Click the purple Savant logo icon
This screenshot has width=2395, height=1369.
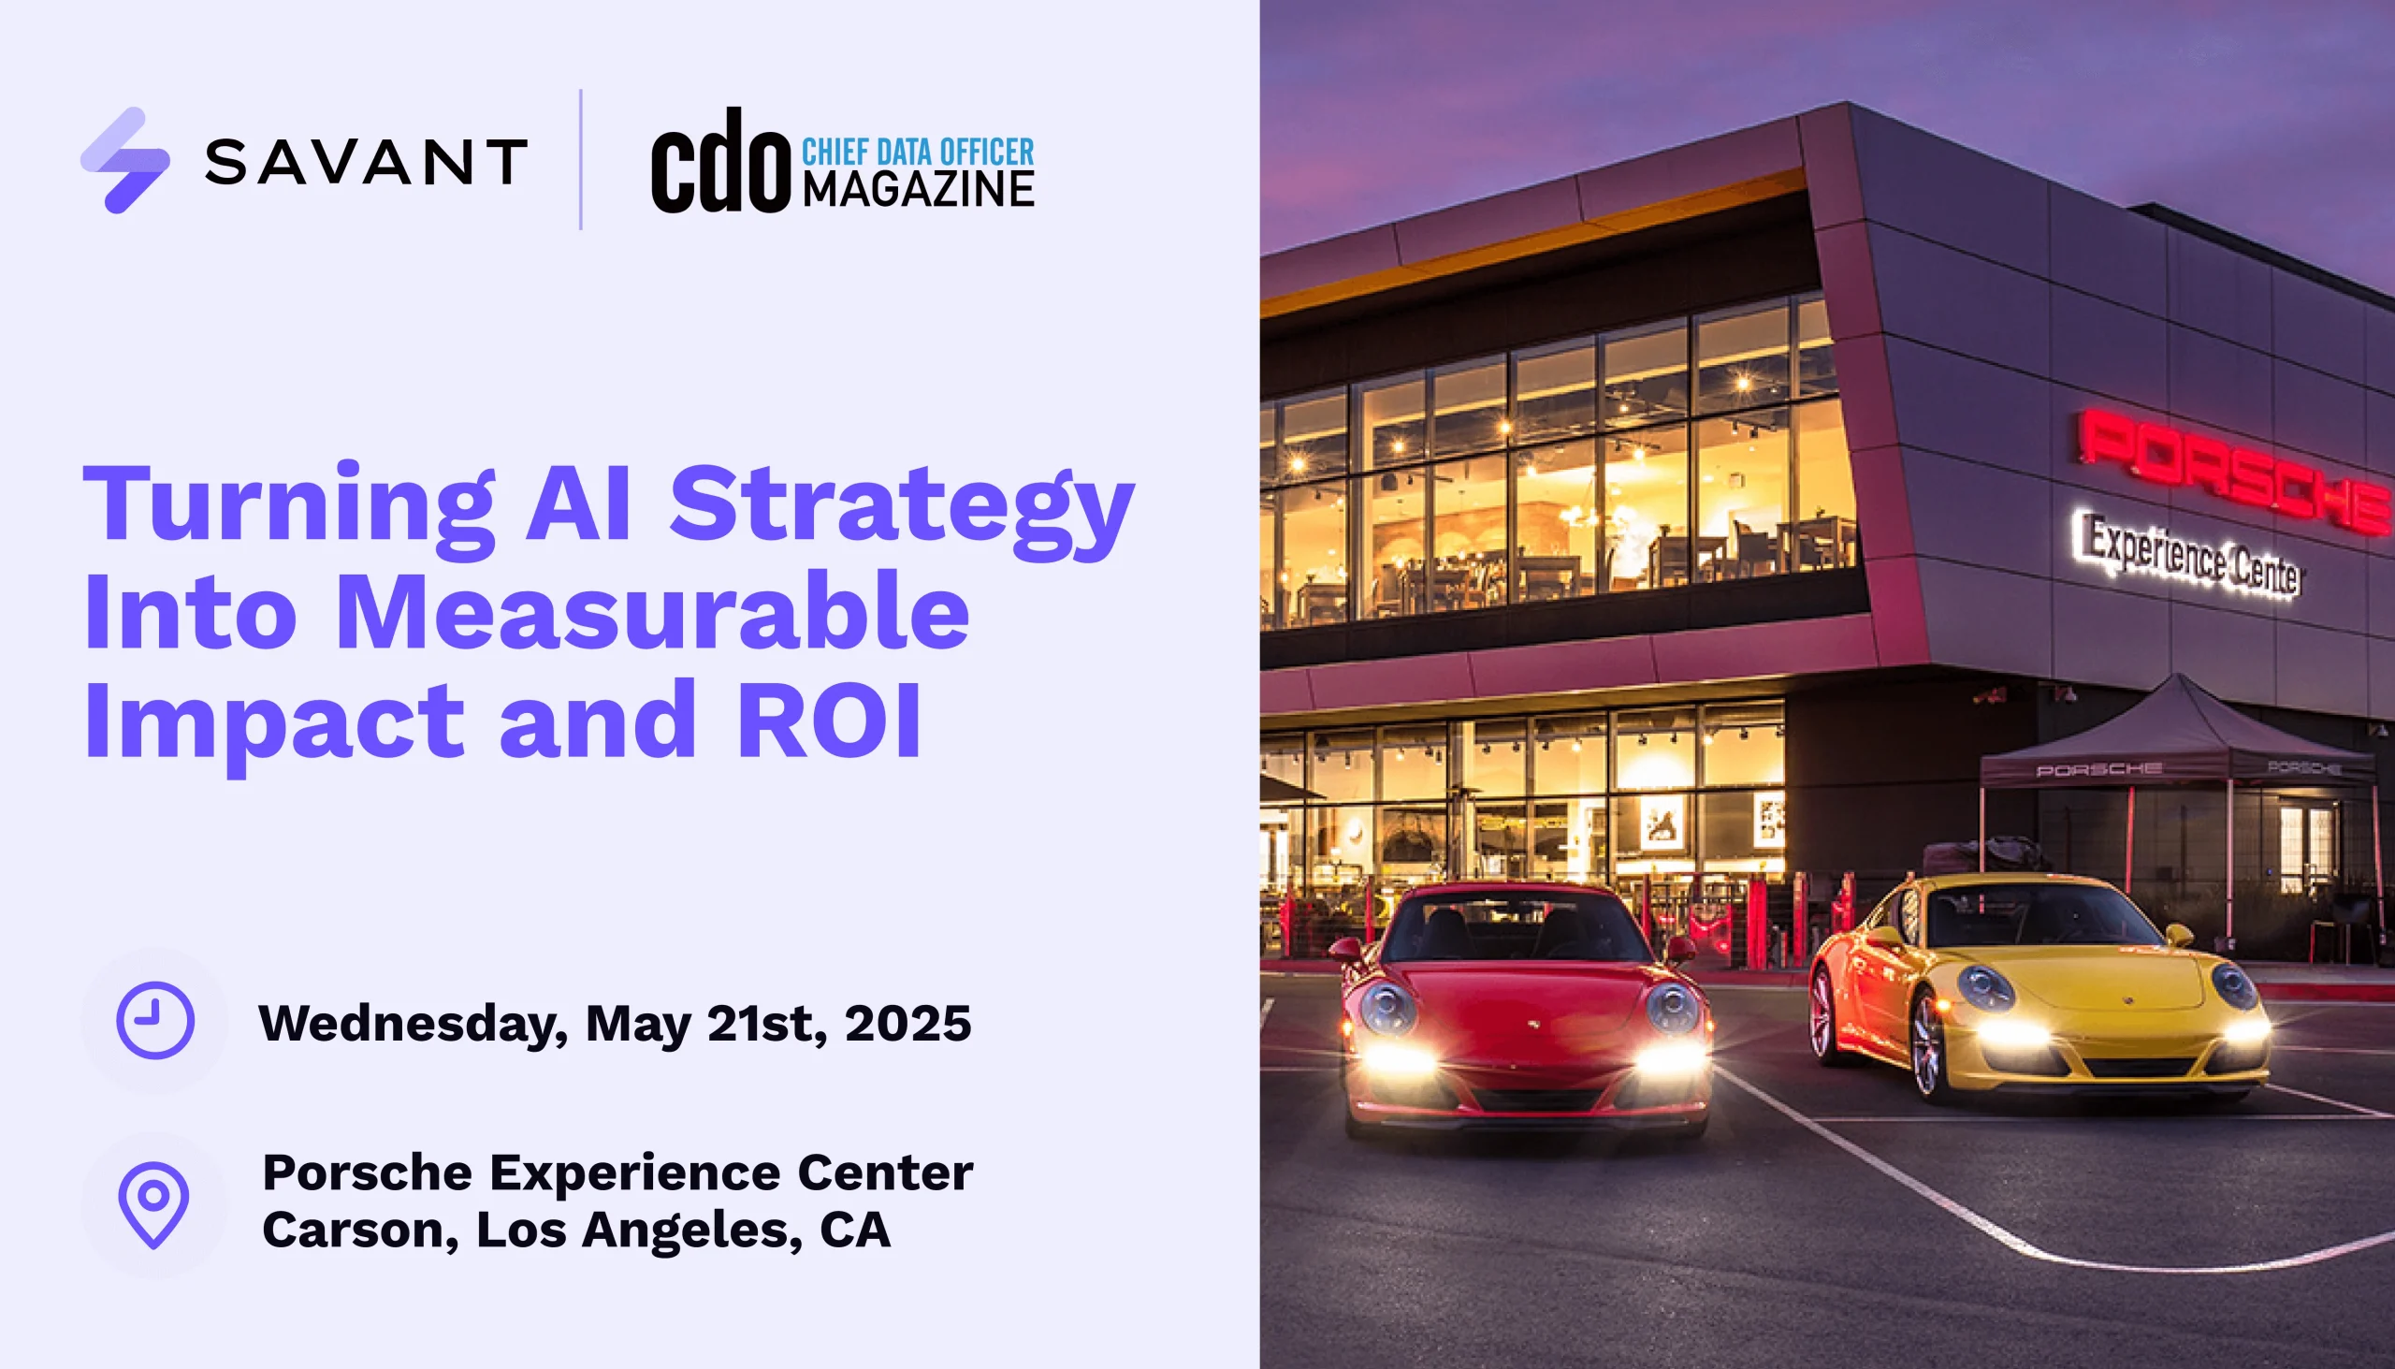click(125, 161)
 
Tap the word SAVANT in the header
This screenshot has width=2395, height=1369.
click(367, 162)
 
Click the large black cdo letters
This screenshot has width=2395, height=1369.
click(721, 161)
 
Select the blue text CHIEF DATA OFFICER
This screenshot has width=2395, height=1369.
click(918, 152)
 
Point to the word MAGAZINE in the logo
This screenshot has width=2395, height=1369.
click(919, 189)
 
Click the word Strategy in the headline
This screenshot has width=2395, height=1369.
click(902, 509)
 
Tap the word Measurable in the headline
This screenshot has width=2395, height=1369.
click(652, 612)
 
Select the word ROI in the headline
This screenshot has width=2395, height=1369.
click(829, 721)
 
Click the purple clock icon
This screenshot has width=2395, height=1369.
click(155, 1020)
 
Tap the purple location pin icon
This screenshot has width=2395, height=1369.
click(153, 1204)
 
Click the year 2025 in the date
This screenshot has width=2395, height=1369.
click(908, 1023)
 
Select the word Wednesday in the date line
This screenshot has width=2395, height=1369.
click(413, 1025)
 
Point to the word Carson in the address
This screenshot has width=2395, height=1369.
click(360, 1231)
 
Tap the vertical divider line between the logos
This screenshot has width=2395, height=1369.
click(581, 160)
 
